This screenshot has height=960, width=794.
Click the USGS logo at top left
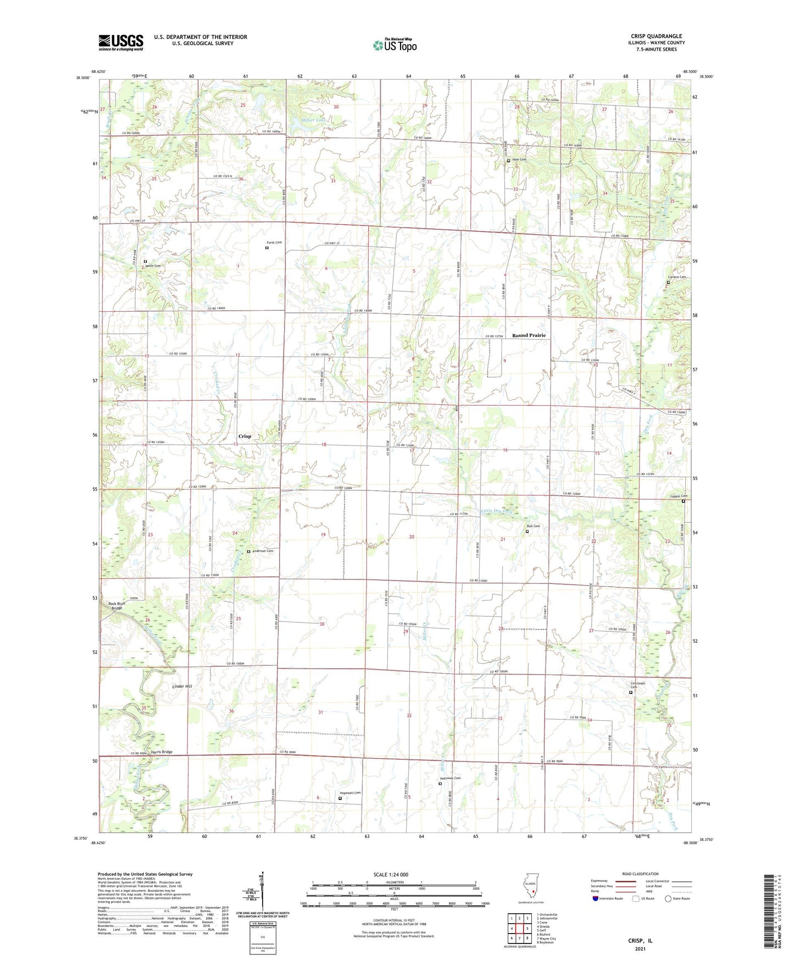pyautogui.click(x=120, y=42)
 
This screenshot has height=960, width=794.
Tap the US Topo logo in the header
pyautogui.click(x=395, y=45)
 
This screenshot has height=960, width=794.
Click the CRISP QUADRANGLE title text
pyautogui.click(x=656, y=36)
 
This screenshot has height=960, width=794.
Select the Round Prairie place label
pyautogui.click(x=529, y=335)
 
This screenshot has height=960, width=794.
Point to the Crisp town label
pyautogui.click(x=245, y=436)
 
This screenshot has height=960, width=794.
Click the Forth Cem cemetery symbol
pyautogui.click(x=267, y=248)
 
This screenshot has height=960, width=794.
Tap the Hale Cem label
pyautogui.click(x=519, y=160)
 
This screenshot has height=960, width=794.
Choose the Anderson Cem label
pyautogui.click(x=263, y=551)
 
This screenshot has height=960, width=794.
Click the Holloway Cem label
pyautogui.click(x=449, y=778)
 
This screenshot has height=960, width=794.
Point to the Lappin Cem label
pyautogui.click(x=679, y=496)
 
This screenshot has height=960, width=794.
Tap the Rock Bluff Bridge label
pyautogui.click(x=116, y=606)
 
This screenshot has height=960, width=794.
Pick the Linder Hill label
pyautogui.click(x=182, y=687)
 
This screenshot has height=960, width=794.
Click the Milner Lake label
pyautogui.click(x=300, y=120)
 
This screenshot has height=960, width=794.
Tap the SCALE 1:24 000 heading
pyautogui.click(x=391, y=875)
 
